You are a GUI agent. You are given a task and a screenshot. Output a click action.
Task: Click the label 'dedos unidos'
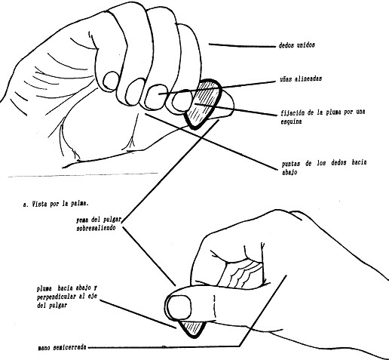296,45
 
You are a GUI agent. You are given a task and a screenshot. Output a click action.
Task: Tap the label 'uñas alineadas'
301,78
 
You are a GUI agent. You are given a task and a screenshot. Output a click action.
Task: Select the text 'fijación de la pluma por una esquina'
323,117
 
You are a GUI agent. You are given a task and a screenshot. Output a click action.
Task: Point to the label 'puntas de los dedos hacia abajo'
324,167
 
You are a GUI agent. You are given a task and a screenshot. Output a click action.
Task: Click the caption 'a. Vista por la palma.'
56,204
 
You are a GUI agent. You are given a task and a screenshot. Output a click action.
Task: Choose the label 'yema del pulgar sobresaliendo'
99,224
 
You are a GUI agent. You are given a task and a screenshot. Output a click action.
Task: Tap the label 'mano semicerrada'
62,348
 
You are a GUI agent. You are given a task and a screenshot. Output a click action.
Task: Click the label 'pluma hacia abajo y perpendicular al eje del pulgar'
66,297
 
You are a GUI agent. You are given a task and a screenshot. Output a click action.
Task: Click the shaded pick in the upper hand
204,104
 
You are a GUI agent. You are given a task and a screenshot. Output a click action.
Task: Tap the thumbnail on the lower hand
179,307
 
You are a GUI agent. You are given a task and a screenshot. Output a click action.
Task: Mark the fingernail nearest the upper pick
182,100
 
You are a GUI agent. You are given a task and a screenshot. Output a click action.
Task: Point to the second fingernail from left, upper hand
135,91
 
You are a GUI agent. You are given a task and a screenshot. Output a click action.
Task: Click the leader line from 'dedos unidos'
242,45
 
